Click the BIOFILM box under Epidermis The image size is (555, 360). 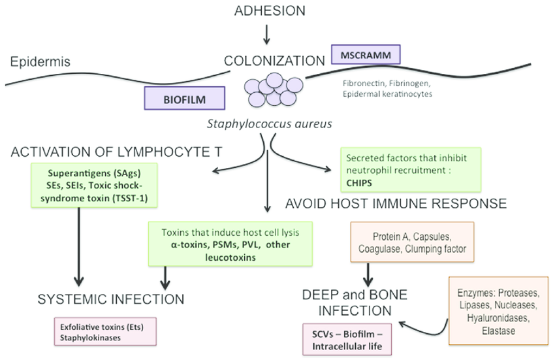pyautogui.click(x=185, y=101)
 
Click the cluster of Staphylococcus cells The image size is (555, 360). pyautogui.click(x=268, y=90)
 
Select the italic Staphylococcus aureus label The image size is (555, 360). pyautogui.click(x=270, y=122)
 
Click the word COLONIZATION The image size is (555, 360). pyautogui.click(x=274, y=61)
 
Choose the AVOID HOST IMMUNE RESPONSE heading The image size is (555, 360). pyautogui.click(x=396, y=204)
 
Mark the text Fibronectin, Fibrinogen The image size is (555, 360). pyautogui.click(x=386, y=84)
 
